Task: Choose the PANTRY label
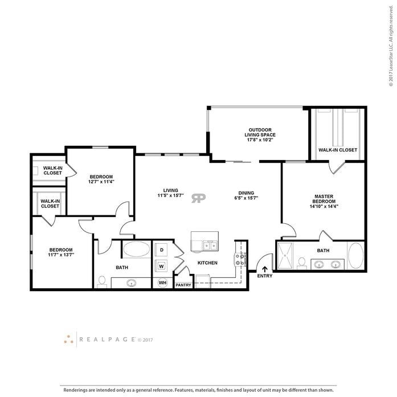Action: point(183,285)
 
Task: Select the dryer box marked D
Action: point(162,249)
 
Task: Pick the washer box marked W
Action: point(162,265)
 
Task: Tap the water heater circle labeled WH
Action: point(162,283)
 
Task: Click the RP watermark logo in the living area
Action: point(199,198)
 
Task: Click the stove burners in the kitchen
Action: point(240,259)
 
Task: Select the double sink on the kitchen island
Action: point(209,246)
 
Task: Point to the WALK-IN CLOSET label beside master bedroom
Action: point(338,150)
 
